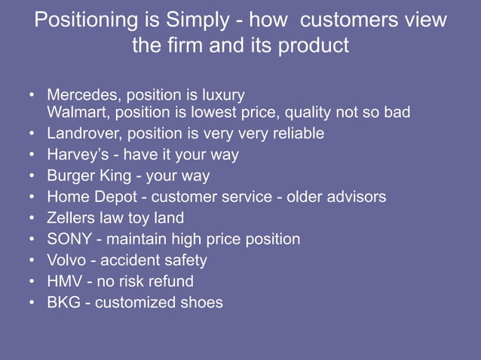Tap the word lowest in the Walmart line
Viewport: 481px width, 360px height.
click(x=225, y=113)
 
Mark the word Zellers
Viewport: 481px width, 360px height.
click(x=73, y=218)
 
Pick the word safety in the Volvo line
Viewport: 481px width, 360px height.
click(x=184, y=260)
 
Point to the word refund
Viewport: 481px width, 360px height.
click(x=170, y=281)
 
